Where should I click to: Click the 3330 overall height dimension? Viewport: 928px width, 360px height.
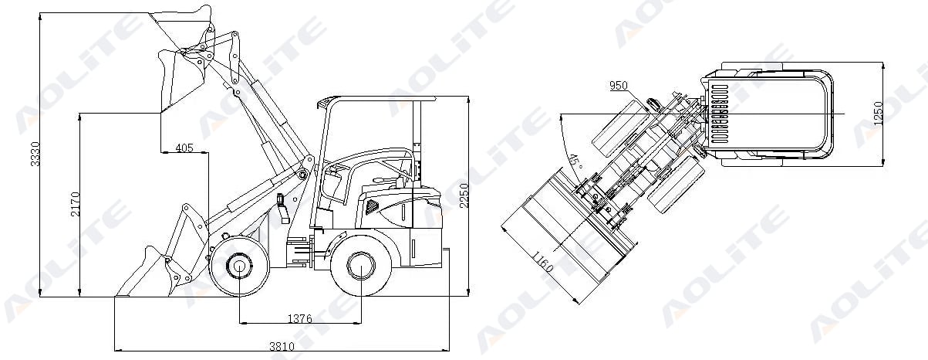coord(35,154)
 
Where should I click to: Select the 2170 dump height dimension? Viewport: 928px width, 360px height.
coord(76,204)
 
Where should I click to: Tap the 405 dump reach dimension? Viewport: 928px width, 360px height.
coord(184,148)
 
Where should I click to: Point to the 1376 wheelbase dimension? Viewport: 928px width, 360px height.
coord(299,318)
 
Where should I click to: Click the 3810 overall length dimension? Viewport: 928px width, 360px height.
coord(282,346)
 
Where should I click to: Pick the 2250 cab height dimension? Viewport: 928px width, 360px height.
coord(464,195)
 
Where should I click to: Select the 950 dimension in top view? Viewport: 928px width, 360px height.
coord(619,86)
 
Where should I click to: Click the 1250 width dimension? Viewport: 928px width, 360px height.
coord(879,114)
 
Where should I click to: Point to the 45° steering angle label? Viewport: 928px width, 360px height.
coord(575,161)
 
